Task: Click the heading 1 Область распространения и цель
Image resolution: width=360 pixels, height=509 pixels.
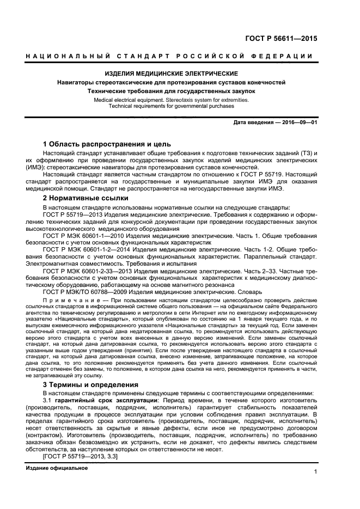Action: tap(107, 144)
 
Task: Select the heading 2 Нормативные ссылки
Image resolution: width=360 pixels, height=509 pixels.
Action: tap(82, 198)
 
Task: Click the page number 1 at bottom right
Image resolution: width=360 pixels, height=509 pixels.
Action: tap(315, 473)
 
